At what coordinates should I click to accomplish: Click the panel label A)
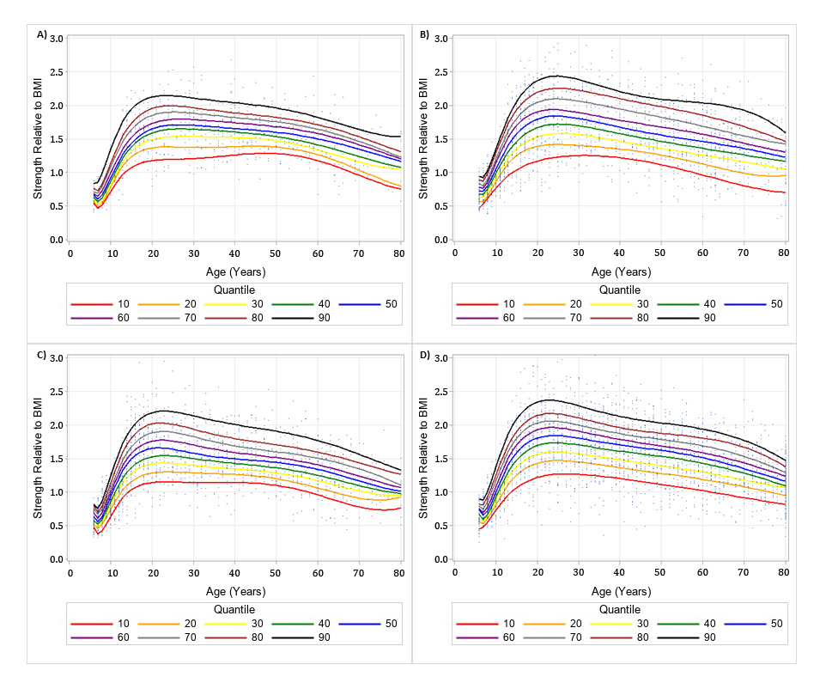(42, 34)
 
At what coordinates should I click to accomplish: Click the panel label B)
(424, 34)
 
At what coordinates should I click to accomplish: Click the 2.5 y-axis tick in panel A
(57, 72)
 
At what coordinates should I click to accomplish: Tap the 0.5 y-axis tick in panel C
(57, 526)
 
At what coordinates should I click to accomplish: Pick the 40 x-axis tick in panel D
(620, 573)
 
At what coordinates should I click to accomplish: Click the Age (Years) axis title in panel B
(620, 271)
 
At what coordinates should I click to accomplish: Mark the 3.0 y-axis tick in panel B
(441, 39)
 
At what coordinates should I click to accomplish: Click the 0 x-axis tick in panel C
(70, 573)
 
